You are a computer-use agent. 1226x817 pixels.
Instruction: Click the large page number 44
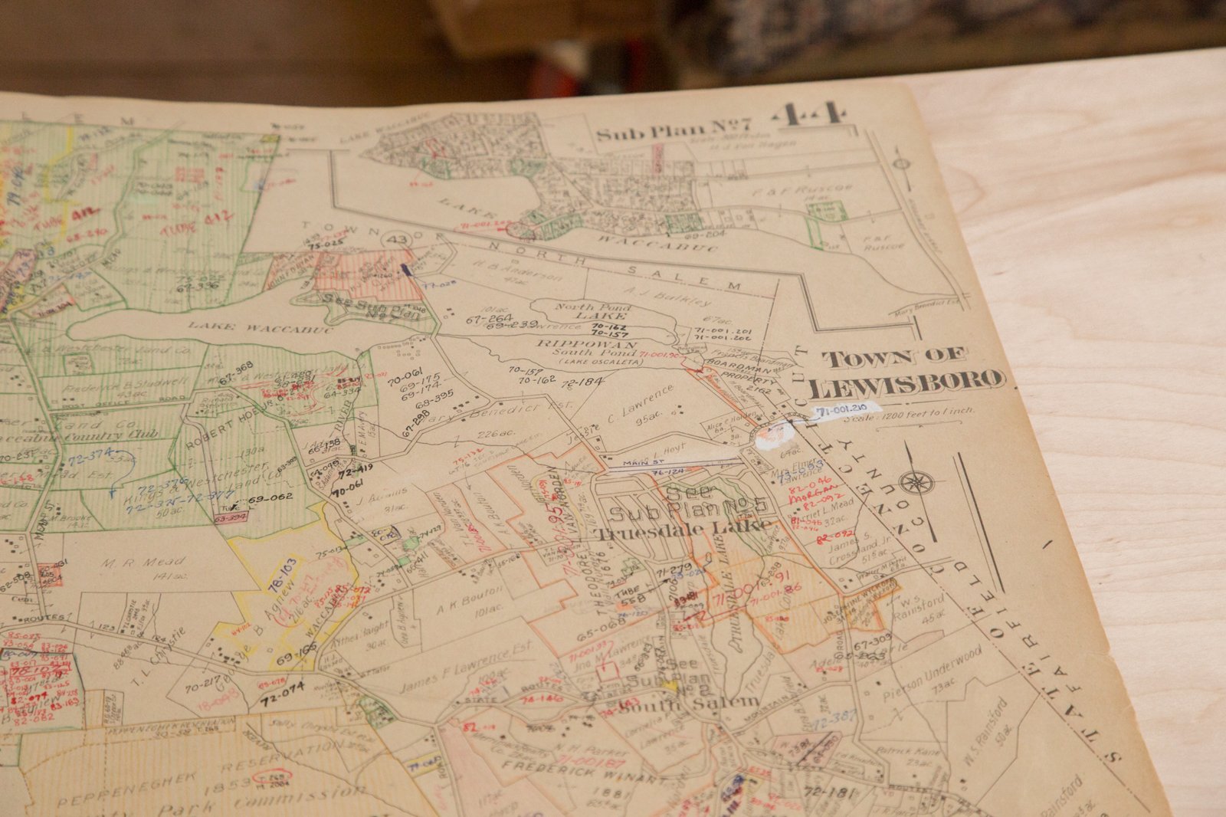811,116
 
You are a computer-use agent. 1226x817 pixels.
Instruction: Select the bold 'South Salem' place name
688,702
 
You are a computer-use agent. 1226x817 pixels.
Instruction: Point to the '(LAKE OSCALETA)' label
589,361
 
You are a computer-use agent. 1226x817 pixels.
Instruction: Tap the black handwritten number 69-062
270,498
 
